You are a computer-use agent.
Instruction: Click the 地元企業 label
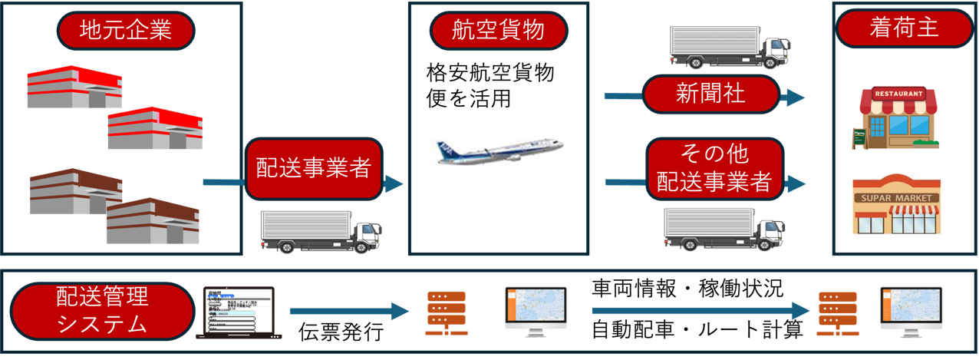click(x=125, y=31)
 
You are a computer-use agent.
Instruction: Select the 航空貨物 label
click(x=499, y=31)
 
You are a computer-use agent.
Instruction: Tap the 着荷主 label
click(x=904, y=29)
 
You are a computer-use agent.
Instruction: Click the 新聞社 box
click(x=710, y=94)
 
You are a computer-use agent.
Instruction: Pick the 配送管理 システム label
click(x=103, y=310)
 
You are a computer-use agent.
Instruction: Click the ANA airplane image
click(x=499, y=151)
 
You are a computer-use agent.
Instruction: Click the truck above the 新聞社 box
click(x=728, y=46)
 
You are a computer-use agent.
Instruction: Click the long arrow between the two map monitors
click(x=700, y=311)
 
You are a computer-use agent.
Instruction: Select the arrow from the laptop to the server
click(x=349, y=311)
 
